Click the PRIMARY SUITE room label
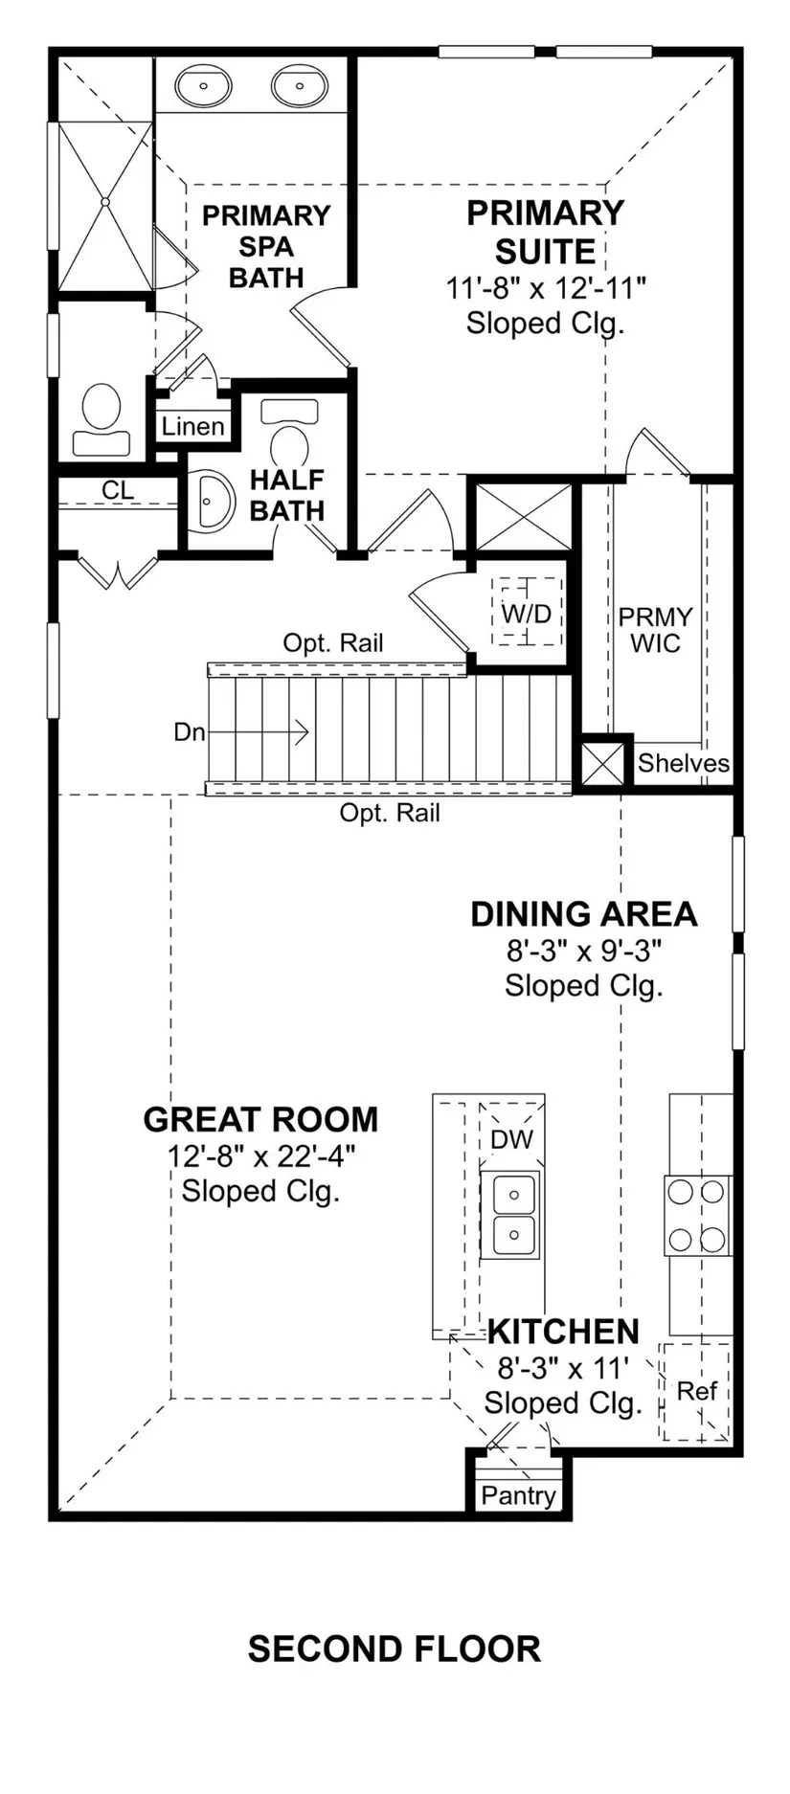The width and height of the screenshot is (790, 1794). [x=545, y=232]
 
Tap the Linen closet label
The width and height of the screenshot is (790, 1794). [x=193, y=427]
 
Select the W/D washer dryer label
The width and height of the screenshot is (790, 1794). [x=527, y=613]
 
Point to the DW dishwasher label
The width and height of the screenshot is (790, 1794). [x=511, y=1139]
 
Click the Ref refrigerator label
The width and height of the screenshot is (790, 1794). [x=696, y=1391]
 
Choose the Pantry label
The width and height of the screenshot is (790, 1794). [x=518, y=1495]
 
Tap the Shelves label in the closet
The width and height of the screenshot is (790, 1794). [x=684, y=763]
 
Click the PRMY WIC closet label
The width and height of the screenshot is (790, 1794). [x=656, y=630]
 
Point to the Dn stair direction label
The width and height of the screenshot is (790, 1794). [x=190, y=732]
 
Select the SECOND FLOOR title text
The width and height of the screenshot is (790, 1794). [x=395, y=1648]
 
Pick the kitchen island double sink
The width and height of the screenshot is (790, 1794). [x=510, y=1215]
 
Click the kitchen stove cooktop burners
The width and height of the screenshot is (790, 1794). [x=697, y=1216]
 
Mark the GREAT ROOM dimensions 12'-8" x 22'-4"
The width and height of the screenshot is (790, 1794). [x=261, y=1155]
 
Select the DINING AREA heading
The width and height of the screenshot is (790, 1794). [x=584, y=914]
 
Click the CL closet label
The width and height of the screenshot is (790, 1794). [x=118, y=491]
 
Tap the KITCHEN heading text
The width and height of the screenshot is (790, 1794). [x=563, y=1332]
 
